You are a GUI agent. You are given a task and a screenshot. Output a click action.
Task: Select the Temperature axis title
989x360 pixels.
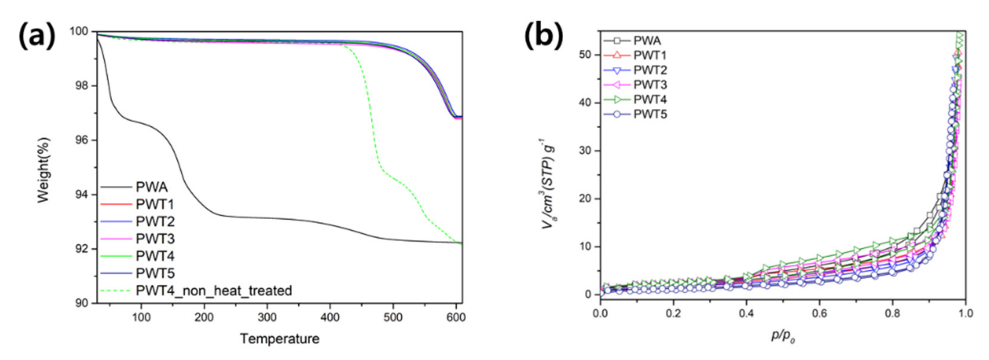(280, 338)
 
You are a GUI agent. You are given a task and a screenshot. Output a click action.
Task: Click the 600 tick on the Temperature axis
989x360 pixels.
(456, 317)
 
